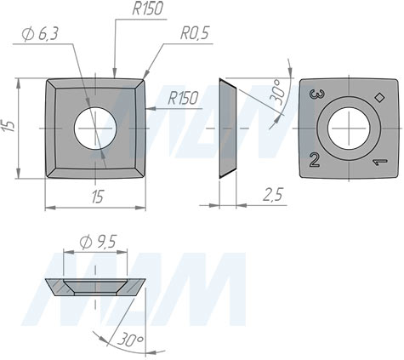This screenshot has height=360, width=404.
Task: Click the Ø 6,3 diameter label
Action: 40,35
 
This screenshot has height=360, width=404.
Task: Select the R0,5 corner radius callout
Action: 195,33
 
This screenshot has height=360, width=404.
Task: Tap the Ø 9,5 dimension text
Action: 98,242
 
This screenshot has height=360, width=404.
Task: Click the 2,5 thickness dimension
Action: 273,195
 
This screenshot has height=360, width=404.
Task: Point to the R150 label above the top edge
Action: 148,9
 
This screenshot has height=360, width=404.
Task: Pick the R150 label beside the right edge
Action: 183,98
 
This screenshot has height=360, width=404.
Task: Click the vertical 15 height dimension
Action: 9,126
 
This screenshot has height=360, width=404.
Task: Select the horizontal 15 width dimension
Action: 97,197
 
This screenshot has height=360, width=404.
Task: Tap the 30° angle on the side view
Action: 276,91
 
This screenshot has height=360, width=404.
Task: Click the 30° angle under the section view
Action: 131,340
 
